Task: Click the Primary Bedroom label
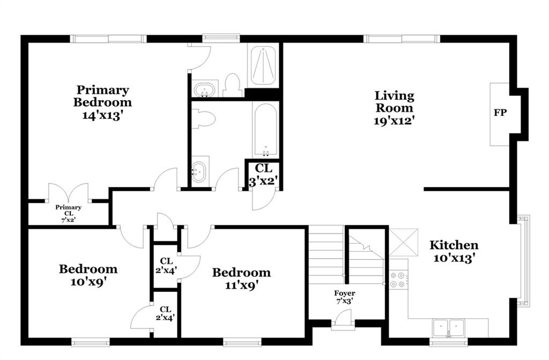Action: point(102,96)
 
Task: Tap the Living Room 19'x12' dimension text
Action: point(394,121)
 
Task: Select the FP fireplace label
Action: point(500,112)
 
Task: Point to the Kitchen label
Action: point(454,245)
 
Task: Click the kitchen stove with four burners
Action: point(398,280)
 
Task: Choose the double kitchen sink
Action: point(448,328)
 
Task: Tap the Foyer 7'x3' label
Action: point(345,297)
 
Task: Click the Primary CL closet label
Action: point(68,213)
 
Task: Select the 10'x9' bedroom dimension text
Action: point(88,282)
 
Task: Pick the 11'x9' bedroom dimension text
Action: point(241,286)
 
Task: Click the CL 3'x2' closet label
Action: point(263,175)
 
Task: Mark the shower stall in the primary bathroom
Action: point(263,64)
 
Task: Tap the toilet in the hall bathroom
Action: point(203,118)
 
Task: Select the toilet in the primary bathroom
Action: point(232,85)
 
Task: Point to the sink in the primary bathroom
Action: point(204,89)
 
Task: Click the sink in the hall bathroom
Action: point(199,171)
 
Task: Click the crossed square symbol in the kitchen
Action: point(404,242)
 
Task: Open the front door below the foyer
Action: point(343,320)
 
